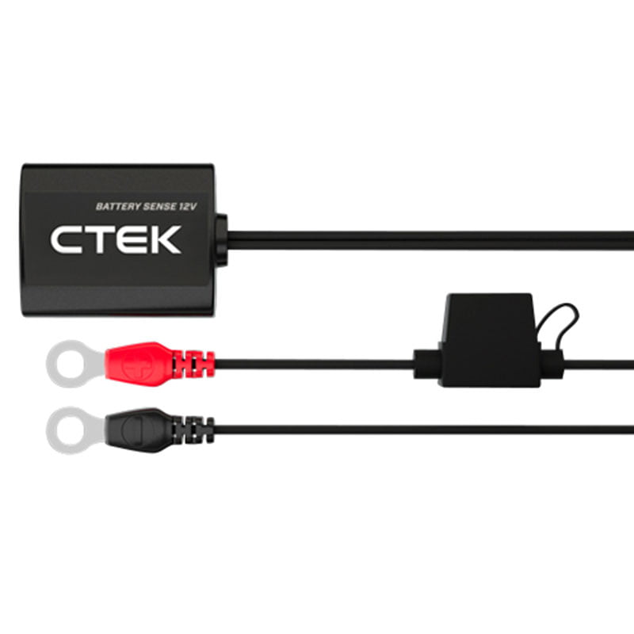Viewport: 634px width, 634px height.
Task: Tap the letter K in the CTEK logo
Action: (x=164, y=240)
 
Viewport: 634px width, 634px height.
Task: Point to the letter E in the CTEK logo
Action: (x=132, y=240)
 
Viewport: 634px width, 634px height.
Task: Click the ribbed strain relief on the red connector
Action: (x=195, y=364)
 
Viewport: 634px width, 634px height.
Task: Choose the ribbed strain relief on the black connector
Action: (x=195, y=429)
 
